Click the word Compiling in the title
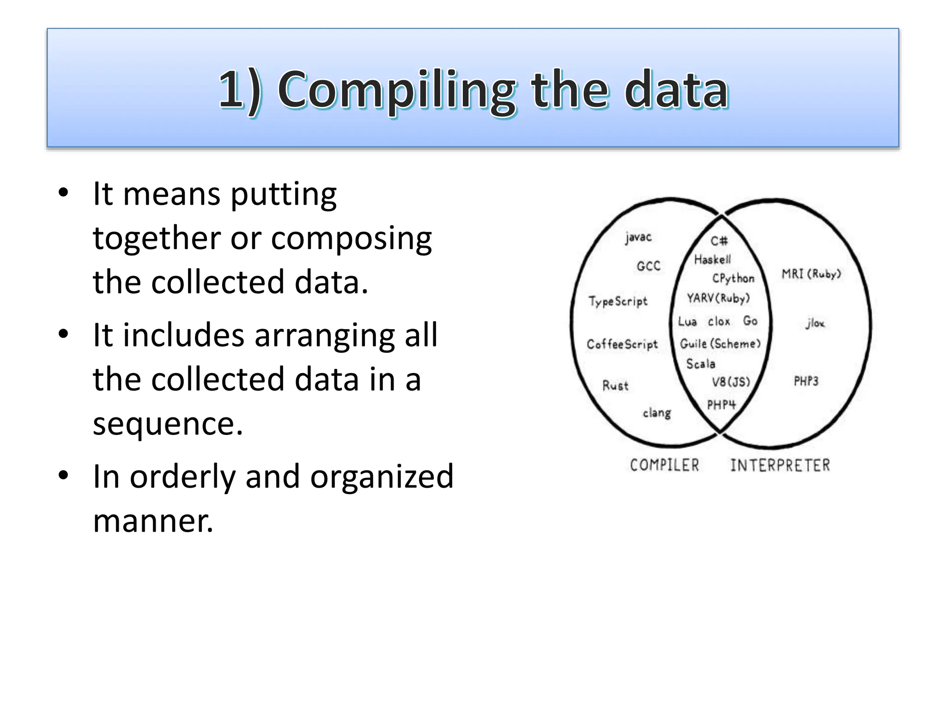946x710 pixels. click(396, 90)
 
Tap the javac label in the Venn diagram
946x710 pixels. click(638, 238)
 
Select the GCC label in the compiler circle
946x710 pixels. click(649, 266)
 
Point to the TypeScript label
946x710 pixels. click(618, 301)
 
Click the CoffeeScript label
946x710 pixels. click(622, 344)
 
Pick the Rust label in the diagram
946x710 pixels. click(615, 386)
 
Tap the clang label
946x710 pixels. click(657, 413)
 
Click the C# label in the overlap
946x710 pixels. click(719, 241)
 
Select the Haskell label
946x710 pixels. click(712, 260)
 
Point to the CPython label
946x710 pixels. click(733, 278)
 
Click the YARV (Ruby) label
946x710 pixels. click(718, 299)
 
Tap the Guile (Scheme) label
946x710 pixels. click(720, 344)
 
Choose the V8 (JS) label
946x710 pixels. click(731, 382)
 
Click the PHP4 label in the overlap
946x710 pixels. click(721, 405)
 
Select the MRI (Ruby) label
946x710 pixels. click(811, 274)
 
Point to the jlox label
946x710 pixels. click(815, 323)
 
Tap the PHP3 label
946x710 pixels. click(806, 381)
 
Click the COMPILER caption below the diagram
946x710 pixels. click(665, 465)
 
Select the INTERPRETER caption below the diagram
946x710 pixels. click(780, 465)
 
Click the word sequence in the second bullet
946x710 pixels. click(168, 423)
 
